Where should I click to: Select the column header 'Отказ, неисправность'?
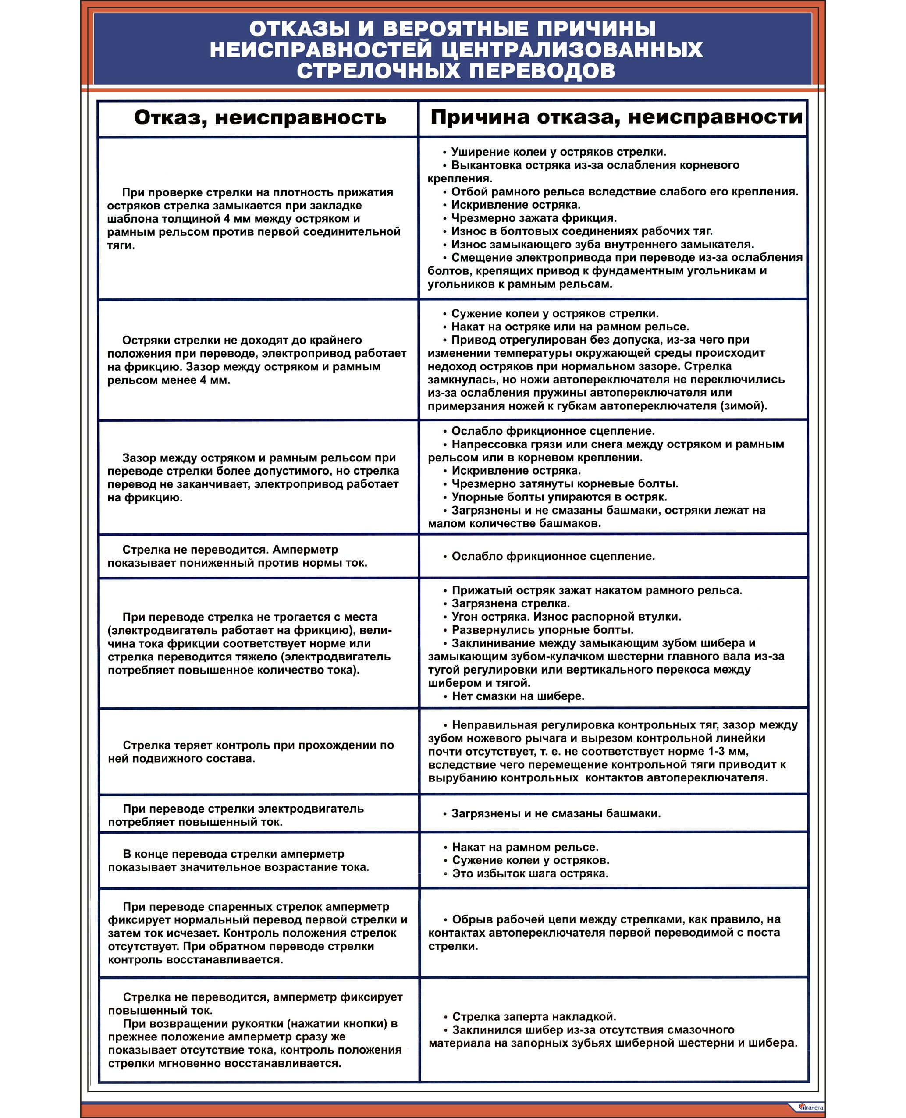coord(260,118)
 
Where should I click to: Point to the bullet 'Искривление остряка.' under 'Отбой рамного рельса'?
coord(515,205)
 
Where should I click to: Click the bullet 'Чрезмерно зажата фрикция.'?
coord(533,218)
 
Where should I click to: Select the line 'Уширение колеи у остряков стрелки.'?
coord(558,152)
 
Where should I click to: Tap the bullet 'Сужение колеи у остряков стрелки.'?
coord(554,313)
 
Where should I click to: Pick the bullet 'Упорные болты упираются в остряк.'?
coord(559,497)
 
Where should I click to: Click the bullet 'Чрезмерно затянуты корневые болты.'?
coord(565,483)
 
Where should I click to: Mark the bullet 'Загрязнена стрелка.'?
coord(510,603)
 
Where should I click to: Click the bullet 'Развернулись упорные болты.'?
coord(542,630)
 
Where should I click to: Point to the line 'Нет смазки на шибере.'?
coord(518,696)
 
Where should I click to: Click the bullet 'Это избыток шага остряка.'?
coord(530,873)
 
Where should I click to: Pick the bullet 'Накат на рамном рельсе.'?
coord(525,847)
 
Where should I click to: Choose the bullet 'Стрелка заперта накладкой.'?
coord(534,1016)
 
